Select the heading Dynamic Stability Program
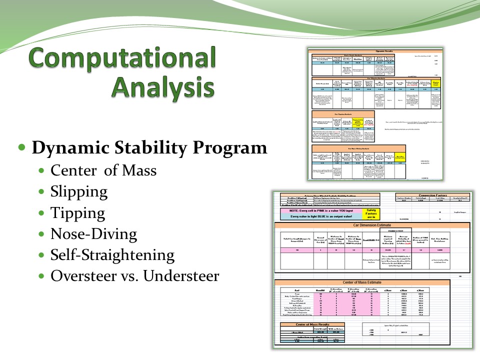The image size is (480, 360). pyautogui.click(x=149, y=149)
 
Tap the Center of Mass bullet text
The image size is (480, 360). pyautogui.click(x=103, y=170)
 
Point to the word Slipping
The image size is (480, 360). pyautogui.click(x=78, y=191)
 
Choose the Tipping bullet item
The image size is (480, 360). pyautogui.click(x=77, y=213)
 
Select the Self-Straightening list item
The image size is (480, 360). pyautogui.click(x=112, y=255)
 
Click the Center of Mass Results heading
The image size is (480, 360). pyautogui.click(x=305, y=324)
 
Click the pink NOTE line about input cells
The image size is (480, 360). pyautogui.click(x=318, y=210)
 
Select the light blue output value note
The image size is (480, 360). pyautogui.click(x=318, y=217)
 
